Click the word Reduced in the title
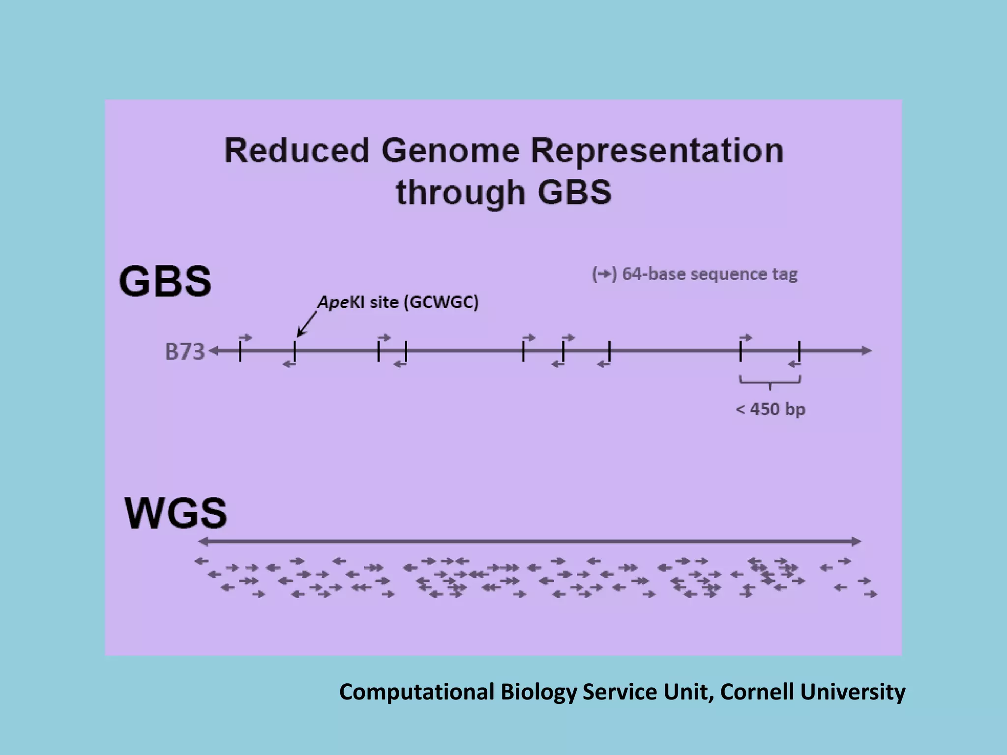pos(296,150)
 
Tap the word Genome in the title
pos(450,150)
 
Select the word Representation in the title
pos(657,150)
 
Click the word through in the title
pos(461,192)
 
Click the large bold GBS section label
pos(165,282)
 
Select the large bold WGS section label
pos(176,513)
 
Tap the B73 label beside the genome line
pos(184,352)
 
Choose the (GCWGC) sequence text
pos(441,302)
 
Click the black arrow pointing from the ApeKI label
pos(307,324)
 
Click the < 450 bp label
pos(770,409)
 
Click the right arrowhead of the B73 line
pos(867,350)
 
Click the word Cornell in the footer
pos(757,692)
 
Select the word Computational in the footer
pos(416,692)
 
